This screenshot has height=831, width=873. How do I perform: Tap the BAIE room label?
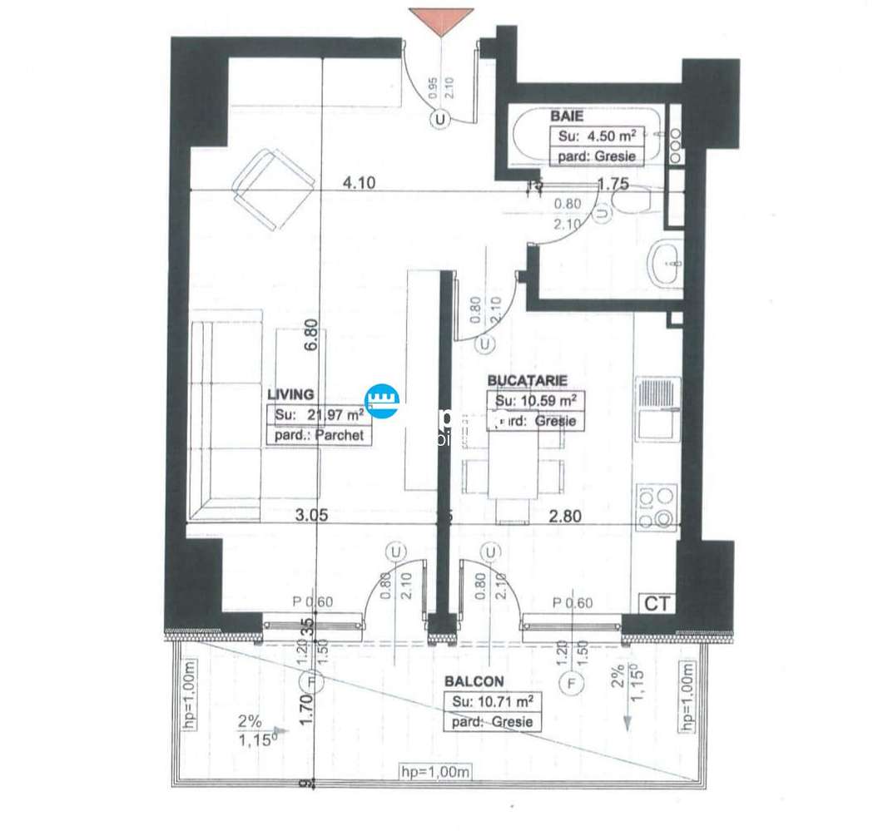point(567,116)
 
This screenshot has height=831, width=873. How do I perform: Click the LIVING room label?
point(290,394)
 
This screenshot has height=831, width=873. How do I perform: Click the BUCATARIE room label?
point(527,380)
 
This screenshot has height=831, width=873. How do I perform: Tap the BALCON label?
point(474,681)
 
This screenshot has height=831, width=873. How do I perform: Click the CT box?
point(657,603)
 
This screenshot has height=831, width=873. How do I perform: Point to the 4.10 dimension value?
point(358,184)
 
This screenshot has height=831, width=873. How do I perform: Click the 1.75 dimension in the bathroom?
point(613,185)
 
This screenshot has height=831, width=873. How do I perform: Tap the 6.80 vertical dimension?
point(311,338)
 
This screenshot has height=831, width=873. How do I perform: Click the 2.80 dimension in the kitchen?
point(566,516)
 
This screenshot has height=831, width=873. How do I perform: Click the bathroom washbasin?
point(667,263)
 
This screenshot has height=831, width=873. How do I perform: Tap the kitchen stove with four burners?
point(657,507)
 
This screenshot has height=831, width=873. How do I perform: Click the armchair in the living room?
point(272,190)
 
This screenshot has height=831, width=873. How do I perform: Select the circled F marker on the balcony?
point(571,684)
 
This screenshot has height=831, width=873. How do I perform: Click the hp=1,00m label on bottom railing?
point(435,771)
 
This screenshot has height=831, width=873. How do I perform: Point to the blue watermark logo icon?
point(384,403)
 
